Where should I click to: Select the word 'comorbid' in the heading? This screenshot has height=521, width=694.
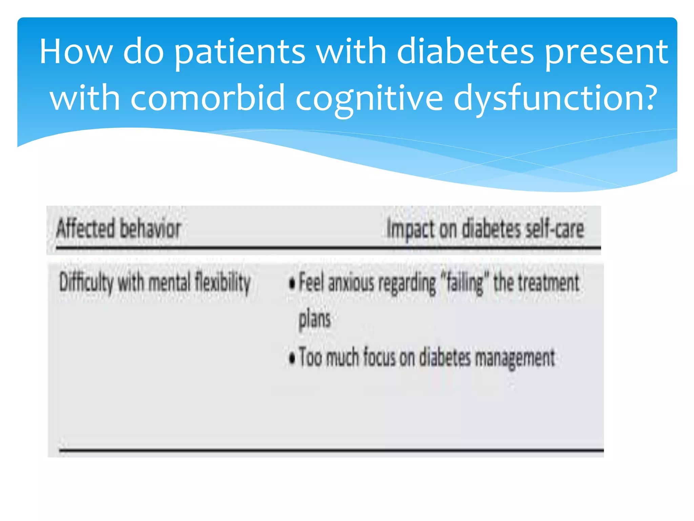[x=207, y=98]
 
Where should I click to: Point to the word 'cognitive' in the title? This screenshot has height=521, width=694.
[x=369, y=98]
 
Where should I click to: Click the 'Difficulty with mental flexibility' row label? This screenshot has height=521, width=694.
[x=155, y=283]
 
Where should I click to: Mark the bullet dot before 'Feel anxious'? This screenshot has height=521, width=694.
[x=292, y=284]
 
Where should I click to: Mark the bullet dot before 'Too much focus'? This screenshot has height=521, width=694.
[x=292, y=358]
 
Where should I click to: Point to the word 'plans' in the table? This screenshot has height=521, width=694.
[x=314, y=319]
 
